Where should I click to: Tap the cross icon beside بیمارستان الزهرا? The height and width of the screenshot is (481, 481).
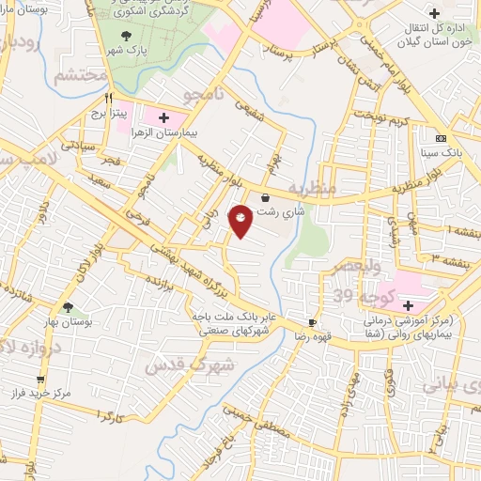point(165,117)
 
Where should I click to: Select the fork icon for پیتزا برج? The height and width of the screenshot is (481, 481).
point(110,98)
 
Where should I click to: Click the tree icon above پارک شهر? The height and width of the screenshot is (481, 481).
point(127,36)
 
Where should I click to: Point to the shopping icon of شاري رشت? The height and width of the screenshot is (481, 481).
point(264,198)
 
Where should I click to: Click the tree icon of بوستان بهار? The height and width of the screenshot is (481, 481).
point(67,306)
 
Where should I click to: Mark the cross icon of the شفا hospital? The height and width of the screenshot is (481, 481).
point(409,305)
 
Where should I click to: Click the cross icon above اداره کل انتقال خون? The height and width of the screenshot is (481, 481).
point(433,13)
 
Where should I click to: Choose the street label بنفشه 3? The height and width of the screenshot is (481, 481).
point(453,256)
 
